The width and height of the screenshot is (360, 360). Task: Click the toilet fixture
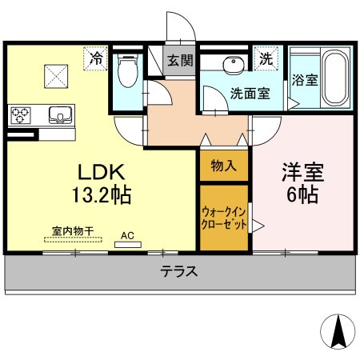[128, 70]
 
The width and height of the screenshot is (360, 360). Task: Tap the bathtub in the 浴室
[335, 78]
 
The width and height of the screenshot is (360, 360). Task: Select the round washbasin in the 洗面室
[234, 64]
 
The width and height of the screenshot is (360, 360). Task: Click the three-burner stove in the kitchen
[20, 115]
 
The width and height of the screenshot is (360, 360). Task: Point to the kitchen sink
[61, 115]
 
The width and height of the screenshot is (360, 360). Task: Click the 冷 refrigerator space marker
[95, 58]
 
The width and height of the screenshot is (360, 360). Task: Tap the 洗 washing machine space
[266, 58]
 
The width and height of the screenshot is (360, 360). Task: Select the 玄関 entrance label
[180, 61]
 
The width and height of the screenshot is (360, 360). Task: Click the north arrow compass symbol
[338, 331]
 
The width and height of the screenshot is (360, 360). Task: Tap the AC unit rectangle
[128, 245]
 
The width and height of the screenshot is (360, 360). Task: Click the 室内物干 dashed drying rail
[73, 239]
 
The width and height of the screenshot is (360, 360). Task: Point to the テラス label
[179, 272]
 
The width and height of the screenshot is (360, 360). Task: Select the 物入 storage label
[224, 166]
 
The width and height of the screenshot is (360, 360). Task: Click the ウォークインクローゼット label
[224, 218]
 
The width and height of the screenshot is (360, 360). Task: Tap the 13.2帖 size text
[102, 195]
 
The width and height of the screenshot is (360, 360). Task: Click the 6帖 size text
[302, 194]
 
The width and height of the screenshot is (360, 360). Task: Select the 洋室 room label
[303, 172]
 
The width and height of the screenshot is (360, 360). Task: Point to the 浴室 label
[305, 80]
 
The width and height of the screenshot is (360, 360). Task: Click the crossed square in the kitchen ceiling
[56, 76]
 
